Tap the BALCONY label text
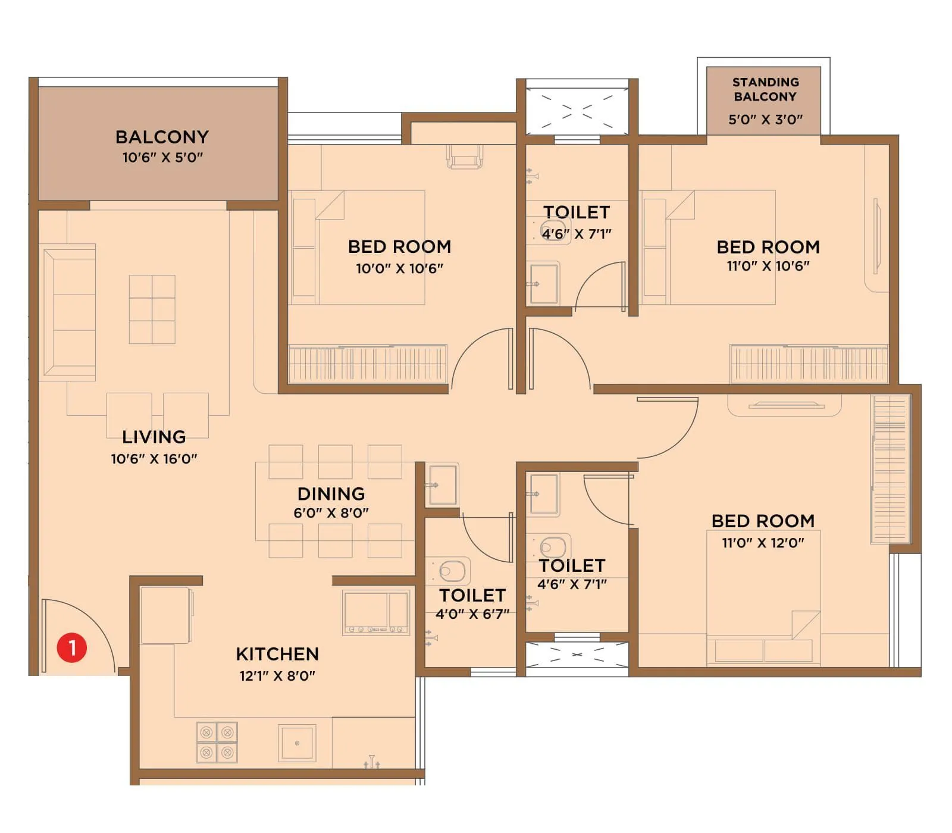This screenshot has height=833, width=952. coord(162,137)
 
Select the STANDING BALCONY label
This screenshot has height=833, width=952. coord(765,89)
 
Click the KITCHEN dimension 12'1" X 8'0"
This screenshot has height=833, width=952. coord(277,676)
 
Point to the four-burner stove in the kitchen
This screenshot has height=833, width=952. coord(217,742)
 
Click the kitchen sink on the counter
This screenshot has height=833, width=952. coord(297,743)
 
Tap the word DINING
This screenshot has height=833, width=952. coord(331,494)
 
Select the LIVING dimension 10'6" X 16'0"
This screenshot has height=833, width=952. coord(154,459)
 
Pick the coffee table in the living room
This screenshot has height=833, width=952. coord(152,309)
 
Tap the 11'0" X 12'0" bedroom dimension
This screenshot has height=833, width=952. coord(763,543)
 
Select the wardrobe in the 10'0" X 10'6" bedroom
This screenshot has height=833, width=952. coord(367,364)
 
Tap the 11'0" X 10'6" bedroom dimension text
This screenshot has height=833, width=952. coord(768,266)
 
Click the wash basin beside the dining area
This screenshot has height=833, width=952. coord(443,485)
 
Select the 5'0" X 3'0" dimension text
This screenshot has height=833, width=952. coord(765,120)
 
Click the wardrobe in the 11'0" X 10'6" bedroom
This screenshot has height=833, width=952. coord(808,364)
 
